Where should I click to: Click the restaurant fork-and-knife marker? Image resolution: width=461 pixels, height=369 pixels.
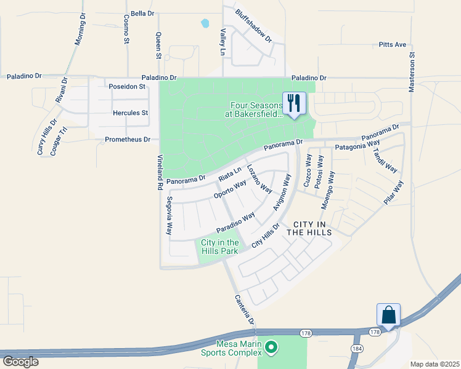coord(294,103)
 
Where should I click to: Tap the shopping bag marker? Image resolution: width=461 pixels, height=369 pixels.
coord(389,315)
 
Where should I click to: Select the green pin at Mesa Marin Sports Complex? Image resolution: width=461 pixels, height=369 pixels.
coord(271,349)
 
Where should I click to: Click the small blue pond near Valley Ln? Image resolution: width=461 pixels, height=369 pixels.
coord(205,24)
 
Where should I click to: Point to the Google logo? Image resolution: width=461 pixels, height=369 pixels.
coord(20,361)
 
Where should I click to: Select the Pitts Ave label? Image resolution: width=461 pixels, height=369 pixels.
coord(392,45)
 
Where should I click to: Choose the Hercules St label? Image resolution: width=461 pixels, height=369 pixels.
coord(130,113)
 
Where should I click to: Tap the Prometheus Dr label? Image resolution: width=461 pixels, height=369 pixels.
coord(128,140)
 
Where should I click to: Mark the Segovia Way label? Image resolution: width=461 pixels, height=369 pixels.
coord(169,215)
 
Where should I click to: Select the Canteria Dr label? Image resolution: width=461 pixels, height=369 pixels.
coord(244,309)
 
